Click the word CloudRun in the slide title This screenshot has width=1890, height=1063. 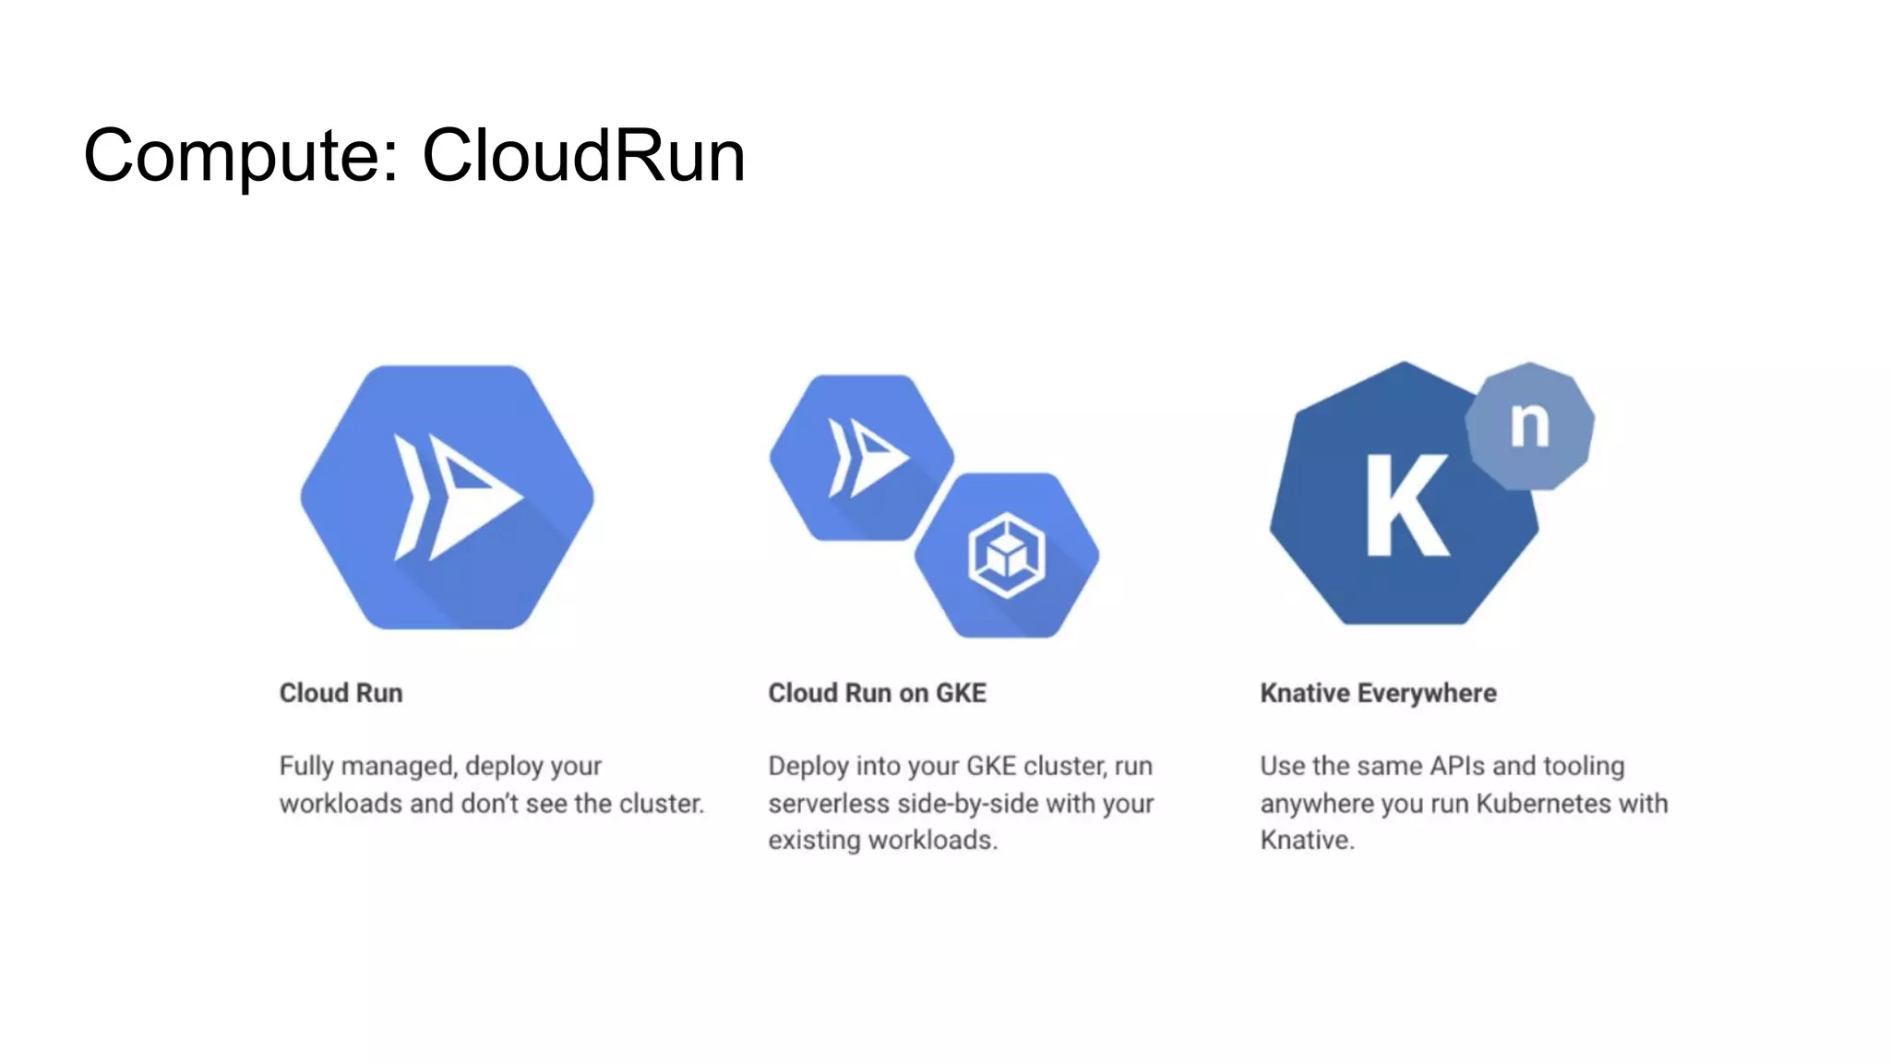(x=583, y=155)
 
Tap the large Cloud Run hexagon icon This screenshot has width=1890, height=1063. (x=447, y=497)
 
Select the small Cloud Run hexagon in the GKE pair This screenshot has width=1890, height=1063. (x=860, y=457)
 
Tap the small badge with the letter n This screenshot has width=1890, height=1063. (x=1529, y=425)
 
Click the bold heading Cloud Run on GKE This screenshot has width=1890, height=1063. (x=877, y=693)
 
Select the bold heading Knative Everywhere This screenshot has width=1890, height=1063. (x=1378, y=693)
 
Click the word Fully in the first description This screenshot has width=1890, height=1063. (x=306, y=767)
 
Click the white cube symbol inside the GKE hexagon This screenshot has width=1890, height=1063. (x=1006, y=555)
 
